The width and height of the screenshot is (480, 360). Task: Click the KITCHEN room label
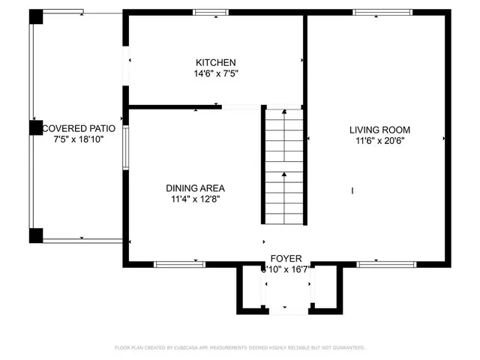tap(216, 62)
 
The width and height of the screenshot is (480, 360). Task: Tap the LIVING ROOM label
tap(379, 130)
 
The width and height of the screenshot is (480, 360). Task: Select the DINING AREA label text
tap(195, 188)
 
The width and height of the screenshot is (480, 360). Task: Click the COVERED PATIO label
tap(78, 128)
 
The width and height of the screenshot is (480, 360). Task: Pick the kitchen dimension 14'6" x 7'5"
tap(216, 73)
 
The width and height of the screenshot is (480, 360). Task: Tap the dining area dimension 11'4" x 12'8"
tap(195, 199)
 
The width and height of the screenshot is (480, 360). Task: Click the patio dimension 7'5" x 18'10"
tap(78, 139)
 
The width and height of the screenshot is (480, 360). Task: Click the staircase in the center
tap(283, 165)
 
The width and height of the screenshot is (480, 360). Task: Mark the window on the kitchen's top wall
tap(210, 13)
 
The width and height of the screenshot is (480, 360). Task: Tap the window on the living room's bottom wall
tap(385, 264)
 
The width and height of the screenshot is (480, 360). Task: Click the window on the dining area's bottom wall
tap(179, 264)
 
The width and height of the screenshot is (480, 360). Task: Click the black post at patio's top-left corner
tap(36, 16)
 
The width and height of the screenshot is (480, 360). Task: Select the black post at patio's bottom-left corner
tap(36, 235)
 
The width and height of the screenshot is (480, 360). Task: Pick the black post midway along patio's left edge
tap(36, 128)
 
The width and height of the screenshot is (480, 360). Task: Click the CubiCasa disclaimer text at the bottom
tap(240, 348)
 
